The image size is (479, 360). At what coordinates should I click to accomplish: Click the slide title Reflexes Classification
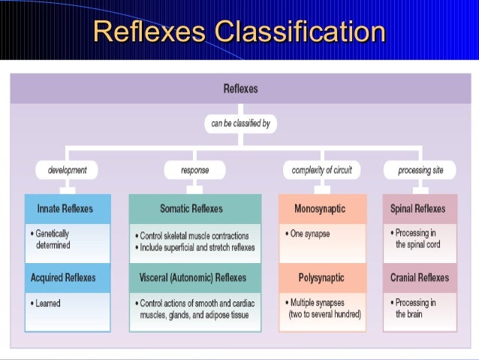click(239, 32)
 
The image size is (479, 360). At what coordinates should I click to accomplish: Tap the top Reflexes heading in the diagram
click(240, 89)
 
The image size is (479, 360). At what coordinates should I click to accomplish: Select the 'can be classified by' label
click(240, 123)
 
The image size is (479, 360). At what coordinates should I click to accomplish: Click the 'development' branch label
click(68, 170)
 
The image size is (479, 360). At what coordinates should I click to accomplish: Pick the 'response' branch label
click(195, 170)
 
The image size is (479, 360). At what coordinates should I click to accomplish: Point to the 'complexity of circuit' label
click(321, 170)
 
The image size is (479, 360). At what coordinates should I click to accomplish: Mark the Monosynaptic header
click(322, 208)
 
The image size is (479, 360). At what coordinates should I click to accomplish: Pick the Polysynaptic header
click(322, 277)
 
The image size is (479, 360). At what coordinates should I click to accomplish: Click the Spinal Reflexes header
click(418, 208)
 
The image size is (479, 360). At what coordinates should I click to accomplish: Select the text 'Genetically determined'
click(53, 239)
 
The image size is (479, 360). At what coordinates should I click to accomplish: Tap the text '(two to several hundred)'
click(325, 314)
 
